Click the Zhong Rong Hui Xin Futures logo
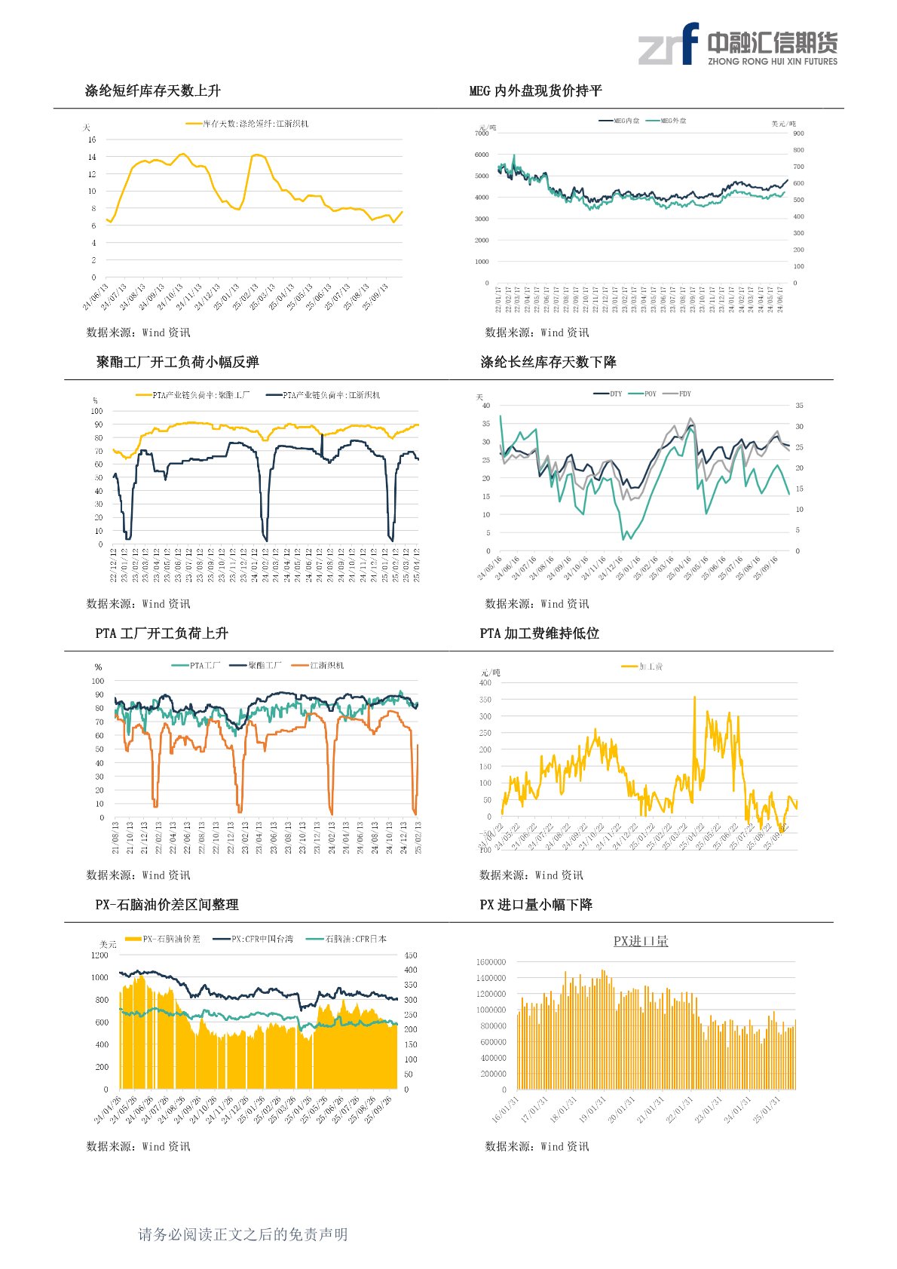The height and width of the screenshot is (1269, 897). [737, 44]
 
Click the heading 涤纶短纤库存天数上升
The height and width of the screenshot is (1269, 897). [153, 91]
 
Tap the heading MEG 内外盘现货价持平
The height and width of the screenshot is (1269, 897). [536, 91]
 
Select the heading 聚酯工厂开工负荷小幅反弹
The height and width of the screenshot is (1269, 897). [178, 363]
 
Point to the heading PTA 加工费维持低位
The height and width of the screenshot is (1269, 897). [540, 634]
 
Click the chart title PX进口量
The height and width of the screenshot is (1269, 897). [641, 941]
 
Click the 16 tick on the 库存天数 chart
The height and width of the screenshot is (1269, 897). [92, 139]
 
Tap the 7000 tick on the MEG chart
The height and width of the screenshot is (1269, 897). [482, 133]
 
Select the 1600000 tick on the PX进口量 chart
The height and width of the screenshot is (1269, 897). [491, 962]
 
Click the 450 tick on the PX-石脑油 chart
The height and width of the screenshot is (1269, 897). [411, 955]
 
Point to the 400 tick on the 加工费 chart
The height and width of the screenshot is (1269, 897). [485, 683]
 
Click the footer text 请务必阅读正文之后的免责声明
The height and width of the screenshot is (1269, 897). [243, 1234]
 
